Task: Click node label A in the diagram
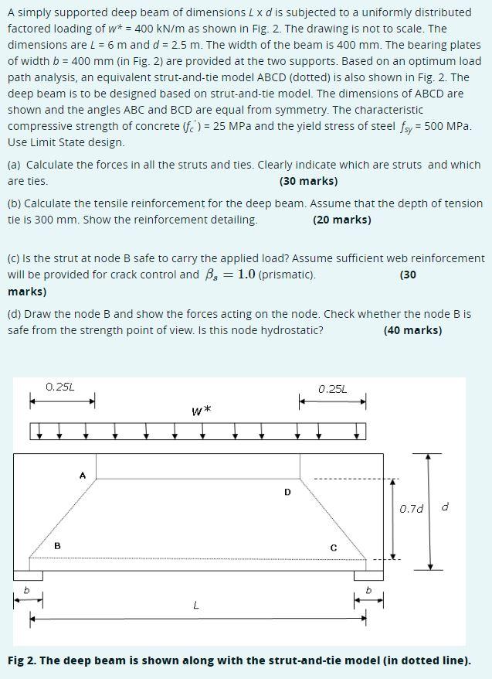click(x=83, y=475)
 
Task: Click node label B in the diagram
click(x=56, y=545)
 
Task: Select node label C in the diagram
click(x=334, y=547)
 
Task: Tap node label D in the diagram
click(x=287, y=491)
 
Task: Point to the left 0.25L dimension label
click(x=60, y=386)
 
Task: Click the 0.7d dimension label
click(x=411, y=509)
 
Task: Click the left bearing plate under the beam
click(x=28, y=575)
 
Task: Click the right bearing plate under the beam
click(x=368, y=575)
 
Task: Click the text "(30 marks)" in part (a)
click(x=308, y=181)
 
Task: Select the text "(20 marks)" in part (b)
click(x=342, y=220)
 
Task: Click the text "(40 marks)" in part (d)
click(x=412, y=330)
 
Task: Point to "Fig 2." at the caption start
click(x=22, y=660)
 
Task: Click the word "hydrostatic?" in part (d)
click(x=292, y=330)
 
